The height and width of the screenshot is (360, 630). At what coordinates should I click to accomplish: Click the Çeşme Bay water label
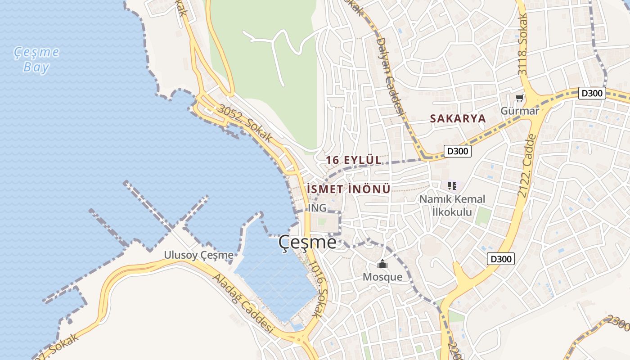pos(36,59)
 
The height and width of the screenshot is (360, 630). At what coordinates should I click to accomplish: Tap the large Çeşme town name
pos(307,243)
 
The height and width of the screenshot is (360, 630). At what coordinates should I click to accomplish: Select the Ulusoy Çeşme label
pos(198,255)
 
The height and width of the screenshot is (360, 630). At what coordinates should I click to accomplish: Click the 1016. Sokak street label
pos(318,292)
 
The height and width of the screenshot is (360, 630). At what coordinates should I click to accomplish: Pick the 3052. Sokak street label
pos(245,123)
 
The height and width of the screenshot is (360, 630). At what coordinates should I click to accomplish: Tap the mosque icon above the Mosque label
pos(382,264)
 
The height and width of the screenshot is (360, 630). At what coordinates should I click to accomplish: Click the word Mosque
pos(382,277)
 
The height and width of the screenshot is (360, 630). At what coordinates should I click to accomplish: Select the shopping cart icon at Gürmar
pos(520,98)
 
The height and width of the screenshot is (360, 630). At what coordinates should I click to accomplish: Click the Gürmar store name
pos(520,111)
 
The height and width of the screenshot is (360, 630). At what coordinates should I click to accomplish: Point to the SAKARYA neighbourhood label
pos(458,118)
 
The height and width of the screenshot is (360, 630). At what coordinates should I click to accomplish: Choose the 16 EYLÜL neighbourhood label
pos(353,160)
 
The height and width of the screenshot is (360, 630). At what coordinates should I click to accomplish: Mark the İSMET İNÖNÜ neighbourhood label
pos(348,189)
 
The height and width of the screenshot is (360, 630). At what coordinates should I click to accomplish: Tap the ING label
pos(317,208)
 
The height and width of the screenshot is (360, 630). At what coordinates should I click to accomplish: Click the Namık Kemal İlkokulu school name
pos(452,205)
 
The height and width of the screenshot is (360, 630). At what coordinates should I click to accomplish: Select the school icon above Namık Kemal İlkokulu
pos(452,185)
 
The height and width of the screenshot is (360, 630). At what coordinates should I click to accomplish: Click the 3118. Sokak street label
pos(522,45)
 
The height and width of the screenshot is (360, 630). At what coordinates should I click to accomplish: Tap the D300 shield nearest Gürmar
pos(592,93)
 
